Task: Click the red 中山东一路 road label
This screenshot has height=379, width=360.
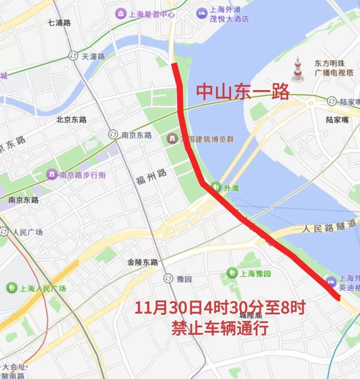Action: click(243, 92)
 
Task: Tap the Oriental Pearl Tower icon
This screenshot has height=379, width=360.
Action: click(297, 69)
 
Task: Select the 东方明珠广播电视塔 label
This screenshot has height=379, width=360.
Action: click(334, 68)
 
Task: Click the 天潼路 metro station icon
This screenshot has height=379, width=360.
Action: click(73, 56)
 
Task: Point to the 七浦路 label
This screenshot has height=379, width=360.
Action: click(60, 23)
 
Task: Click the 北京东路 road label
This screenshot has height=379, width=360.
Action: click(71, 120)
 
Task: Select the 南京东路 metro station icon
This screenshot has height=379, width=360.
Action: click(113, 135)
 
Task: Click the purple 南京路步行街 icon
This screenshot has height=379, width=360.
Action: click(52, 175)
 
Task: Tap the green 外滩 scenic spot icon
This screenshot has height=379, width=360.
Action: click(216, 187)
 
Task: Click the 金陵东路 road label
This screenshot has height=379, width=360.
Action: click(142, 262)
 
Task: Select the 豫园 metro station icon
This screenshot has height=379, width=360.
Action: click(168, 278)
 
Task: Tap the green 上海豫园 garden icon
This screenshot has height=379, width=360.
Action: click(232, 273)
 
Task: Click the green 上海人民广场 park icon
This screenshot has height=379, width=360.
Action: click(12, 287)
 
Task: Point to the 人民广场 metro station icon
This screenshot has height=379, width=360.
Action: click(4, 232)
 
